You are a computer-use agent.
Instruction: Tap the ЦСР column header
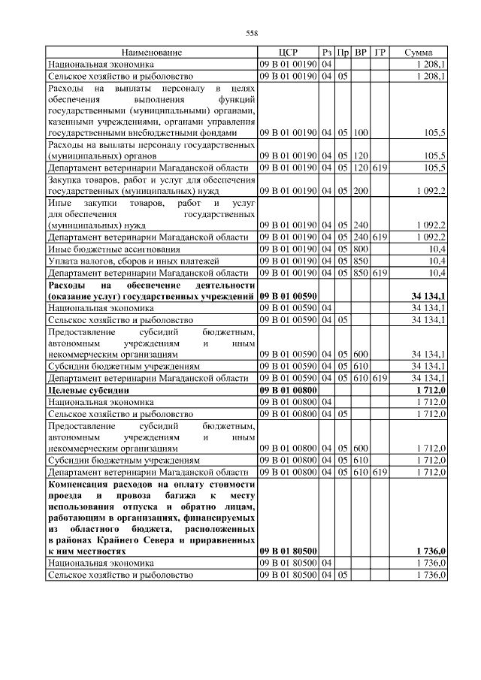(x=288, y=53)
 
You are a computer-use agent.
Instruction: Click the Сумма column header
(x=418, y=53)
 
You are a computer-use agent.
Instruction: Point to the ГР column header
(x=380, y=53)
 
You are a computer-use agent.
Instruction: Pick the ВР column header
(x=361, y=53)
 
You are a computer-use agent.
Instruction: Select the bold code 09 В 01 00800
(x=288, y=391)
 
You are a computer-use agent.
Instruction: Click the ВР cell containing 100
(x=361, y=132)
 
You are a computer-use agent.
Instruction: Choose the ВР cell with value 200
(x=361, y=192)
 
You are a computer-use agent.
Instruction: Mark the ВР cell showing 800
(x=361, y=249)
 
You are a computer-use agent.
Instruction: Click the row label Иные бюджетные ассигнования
(x=113, y=249)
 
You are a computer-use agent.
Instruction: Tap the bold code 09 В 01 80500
(x=288, y=551)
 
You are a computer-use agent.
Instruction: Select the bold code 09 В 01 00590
(x=288, y=297)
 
